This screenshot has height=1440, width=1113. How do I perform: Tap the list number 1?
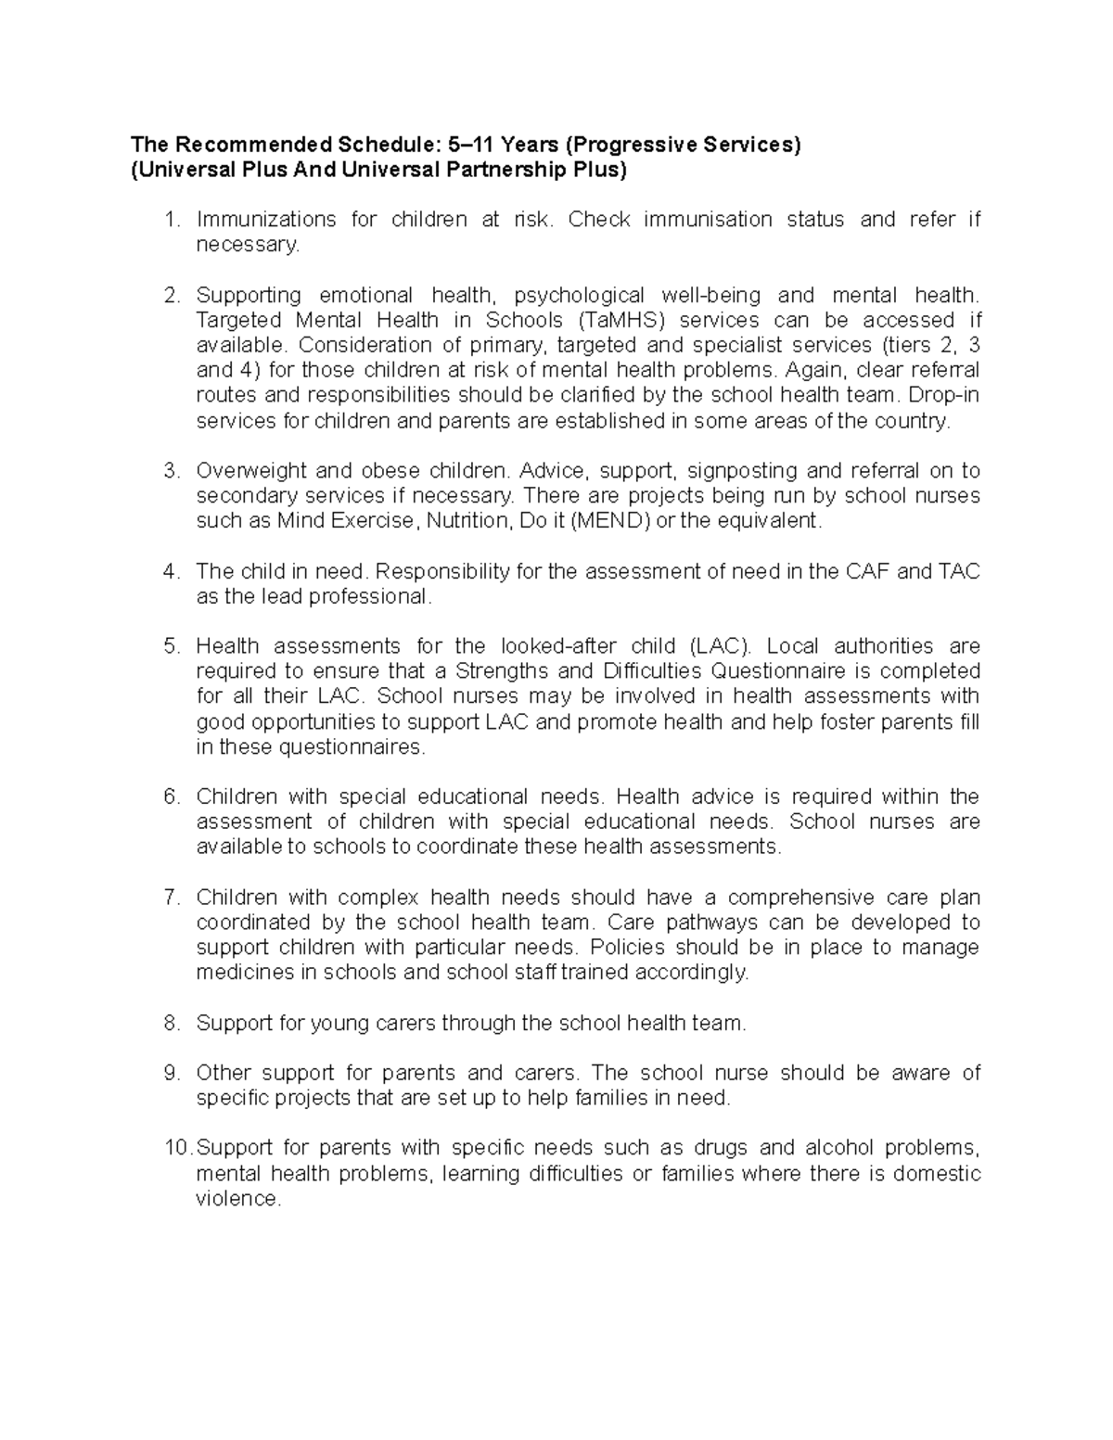coord(169,220)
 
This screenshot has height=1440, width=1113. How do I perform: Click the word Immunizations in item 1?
coord(266,220)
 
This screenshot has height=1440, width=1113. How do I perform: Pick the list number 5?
coord(169,646)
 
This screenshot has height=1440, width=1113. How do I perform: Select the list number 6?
coord(169,796)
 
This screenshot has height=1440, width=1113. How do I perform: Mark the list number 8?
coord(169,1024)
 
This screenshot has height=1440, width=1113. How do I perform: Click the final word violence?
coord(237,1199)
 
